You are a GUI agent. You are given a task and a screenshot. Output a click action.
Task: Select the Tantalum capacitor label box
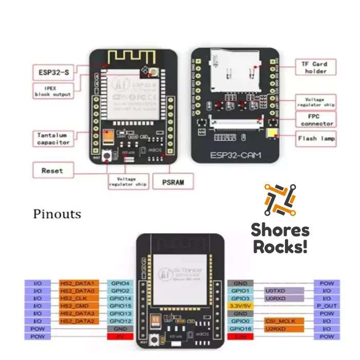point(53,139)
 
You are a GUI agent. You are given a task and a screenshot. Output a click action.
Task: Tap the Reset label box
point(53,170)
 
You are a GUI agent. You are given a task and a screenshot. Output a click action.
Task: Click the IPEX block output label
point(52,92)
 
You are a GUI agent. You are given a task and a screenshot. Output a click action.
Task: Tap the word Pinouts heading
point(57,213)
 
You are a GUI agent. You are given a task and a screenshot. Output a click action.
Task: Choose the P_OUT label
point(327,305)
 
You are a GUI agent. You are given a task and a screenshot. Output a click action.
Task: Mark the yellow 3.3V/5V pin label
point(240,305)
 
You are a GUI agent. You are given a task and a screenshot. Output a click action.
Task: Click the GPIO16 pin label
point(240,328)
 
